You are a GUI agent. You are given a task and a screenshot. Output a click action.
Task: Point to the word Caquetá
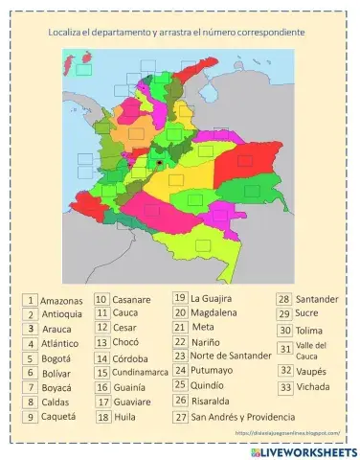click(60, 418)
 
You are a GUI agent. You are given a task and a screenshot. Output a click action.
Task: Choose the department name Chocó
click(125, 342)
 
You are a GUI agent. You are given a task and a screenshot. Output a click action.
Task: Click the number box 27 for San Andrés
click(180, 417)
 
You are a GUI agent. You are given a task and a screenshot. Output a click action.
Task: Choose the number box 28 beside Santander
click(284, 299)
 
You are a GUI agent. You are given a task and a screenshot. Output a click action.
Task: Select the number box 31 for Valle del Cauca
click(285, 349)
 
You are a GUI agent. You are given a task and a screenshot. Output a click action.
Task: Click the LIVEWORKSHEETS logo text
click(308, 450)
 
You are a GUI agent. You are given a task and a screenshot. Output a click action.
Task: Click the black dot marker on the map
click(159, 164)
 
